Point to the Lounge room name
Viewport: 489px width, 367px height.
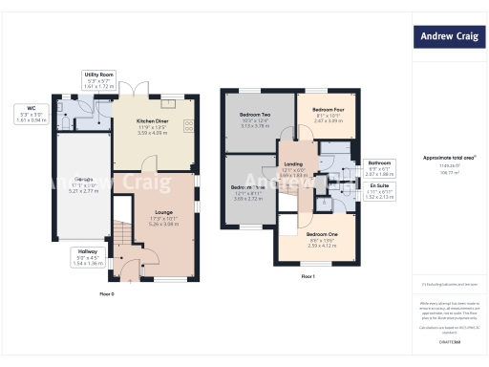(163, 211)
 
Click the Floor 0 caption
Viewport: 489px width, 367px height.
(107, 293)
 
